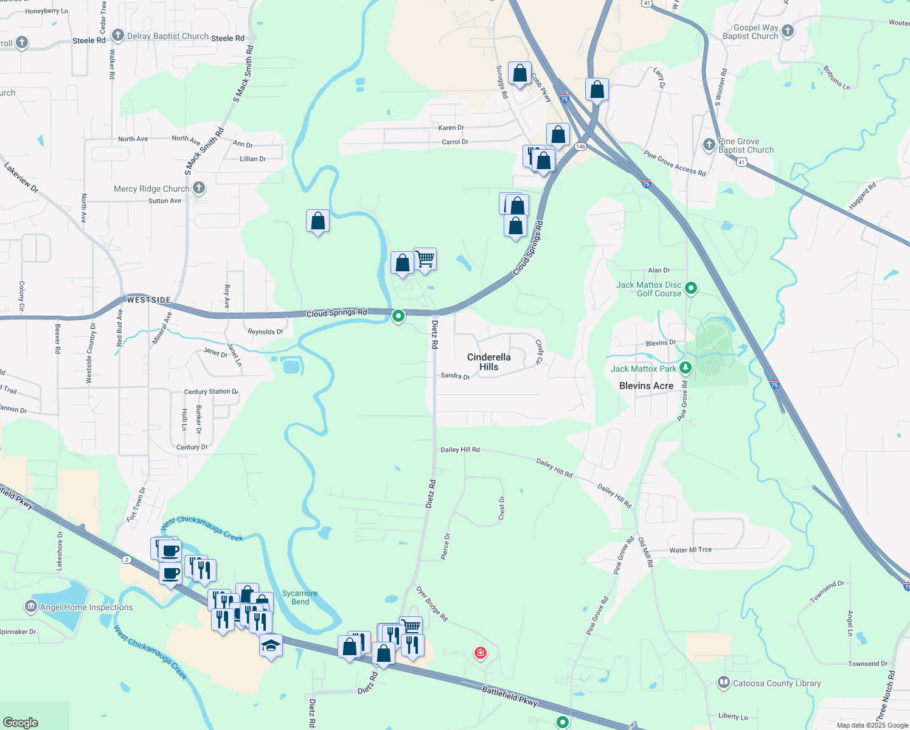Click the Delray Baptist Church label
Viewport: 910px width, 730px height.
pyautogui.click(x=167, y=36)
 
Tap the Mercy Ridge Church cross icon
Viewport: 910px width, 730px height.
pyautogui.click(x=199, y=188)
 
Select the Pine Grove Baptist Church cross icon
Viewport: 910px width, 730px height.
pyautogui.click(x=709, y=145)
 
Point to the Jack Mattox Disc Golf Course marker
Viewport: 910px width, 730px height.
pyautogui.click(x=691, y=288)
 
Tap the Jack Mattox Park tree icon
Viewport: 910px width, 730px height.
pyautogui.click(x=686, y=367)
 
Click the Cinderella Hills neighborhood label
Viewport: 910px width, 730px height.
pyautogui.click(x=488, y=362)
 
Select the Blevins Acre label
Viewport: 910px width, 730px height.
pyautogui.click(x=646, y=386)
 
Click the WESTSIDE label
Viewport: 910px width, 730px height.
pyautogui.click(x=149, y=300)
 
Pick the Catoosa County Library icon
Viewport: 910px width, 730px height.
pyautogui.click(x=723, y=683)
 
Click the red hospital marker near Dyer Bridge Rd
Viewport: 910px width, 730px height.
pyautogui.click(x=481, y=653)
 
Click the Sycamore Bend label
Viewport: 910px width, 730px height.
pyautogui.click(x=300, y=597)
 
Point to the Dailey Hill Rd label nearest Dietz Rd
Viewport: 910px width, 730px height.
pyautogui.click(x=460, y=450)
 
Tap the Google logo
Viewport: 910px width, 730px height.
pyautogui.click(x=21, y=723)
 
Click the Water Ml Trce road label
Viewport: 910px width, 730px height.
pyautogui.click(x=690, y=550)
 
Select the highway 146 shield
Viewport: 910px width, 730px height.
pyautogui.click(x=580, y=147)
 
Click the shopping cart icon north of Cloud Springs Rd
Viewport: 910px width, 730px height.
pyautogui.click(x=425, y=259)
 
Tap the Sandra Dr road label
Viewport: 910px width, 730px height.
pyautogui.click(x=455, y=376)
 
